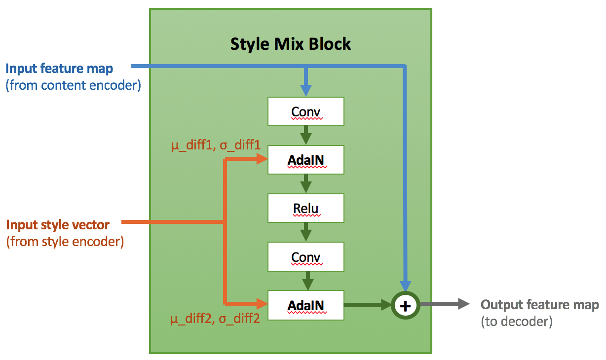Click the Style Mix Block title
291,44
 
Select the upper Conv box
306,111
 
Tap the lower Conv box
306,257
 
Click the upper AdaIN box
306,160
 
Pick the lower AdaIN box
306,305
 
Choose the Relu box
306,208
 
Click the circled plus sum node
405,306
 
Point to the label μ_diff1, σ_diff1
216,146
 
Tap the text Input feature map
59,69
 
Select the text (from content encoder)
74,85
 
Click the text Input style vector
58,225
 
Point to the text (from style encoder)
65,242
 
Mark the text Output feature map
540,305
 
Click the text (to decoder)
517,322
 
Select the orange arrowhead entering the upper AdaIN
261,159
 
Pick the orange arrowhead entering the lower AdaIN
261,303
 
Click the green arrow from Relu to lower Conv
306,231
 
